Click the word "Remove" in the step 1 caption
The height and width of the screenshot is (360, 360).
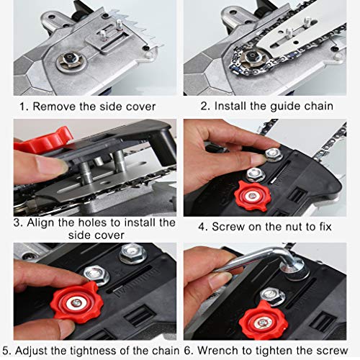54,107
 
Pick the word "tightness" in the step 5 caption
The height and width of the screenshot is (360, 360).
94,351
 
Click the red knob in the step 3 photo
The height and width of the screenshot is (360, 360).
44,140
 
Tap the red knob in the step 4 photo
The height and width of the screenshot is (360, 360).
253,197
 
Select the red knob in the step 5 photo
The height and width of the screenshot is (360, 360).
77,303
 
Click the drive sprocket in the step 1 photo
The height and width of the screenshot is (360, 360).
71,60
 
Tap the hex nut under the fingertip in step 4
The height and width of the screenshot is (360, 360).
273,154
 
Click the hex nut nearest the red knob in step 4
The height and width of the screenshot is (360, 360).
256,174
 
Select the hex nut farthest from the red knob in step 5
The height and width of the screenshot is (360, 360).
132,253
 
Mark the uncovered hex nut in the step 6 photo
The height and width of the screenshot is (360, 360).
273,297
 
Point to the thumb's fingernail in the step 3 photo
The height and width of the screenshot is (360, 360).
50,166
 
